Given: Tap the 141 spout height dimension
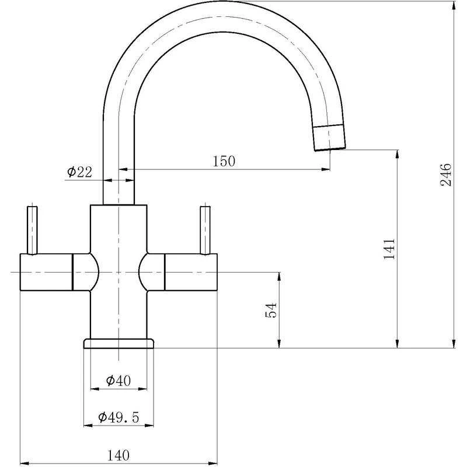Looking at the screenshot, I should click(x=389, y=249).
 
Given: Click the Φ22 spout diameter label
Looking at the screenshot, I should click(x=79, y=172).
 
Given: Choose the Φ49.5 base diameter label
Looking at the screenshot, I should click(x=119, y=417).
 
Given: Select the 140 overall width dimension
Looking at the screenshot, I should click(x=119, y=454).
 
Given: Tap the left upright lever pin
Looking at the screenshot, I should click(x=33, y=229).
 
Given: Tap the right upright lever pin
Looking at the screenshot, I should click(x=205, y=229).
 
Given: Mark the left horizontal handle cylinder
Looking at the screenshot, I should click(x=46, y=272).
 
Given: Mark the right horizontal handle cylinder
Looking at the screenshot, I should click(x=191, y=272).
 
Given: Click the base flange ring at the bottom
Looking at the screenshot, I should click(x=119, y=343).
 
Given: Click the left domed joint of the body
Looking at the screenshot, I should click(x=85, y=272).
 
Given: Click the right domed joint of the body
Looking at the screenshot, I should click(x=152, y=272).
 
